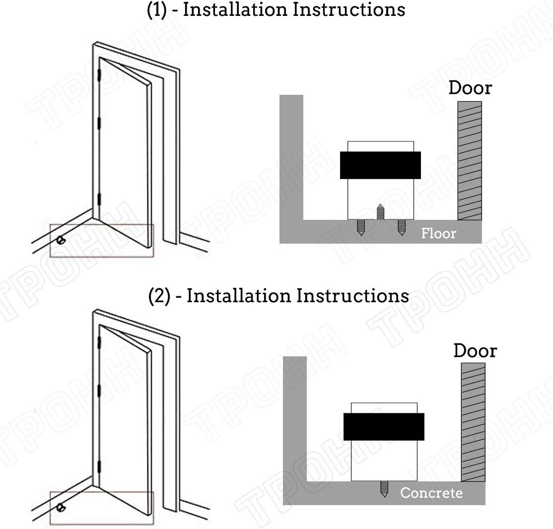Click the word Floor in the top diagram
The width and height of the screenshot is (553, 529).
(438, 233)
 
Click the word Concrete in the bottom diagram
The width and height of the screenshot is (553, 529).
(431, 493)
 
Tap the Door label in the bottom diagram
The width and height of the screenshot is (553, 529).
(475, 350)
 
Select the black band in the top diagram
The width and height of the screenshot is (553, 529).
(380, 165)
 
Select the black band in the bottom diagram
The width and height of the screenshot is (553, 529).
(384, 427)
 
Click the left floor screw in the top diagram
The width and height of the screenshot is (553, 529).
(361, 227)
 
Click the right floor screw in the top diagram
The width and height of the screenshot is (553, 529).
(402, 227)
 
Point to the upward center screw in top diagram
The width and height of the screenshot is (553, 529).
(380, 211)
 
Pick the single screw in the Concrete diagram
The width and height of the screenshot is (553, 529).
(384, 489)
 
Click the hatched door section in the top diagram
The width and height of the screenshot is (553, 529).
(470, 161)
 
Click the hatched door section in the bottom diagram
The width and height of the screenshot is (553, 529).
(473, 422)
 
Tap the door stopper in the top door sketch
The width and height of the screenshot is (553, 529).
(61, 241)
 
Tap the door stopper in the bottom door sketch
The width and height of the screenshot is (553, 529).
(61, 508)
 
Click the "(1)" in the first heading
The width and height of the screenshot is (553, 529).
(156, 9)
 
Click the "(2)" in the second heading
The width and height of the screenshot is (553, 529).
(159, 296)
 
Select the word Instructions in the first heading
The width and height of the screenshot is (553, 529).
(349, 9)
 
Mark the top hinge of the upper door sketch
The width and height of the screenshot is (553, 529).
(99, 75)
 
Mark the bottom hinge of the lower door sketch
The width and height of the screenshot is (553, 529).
(99, 467)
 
